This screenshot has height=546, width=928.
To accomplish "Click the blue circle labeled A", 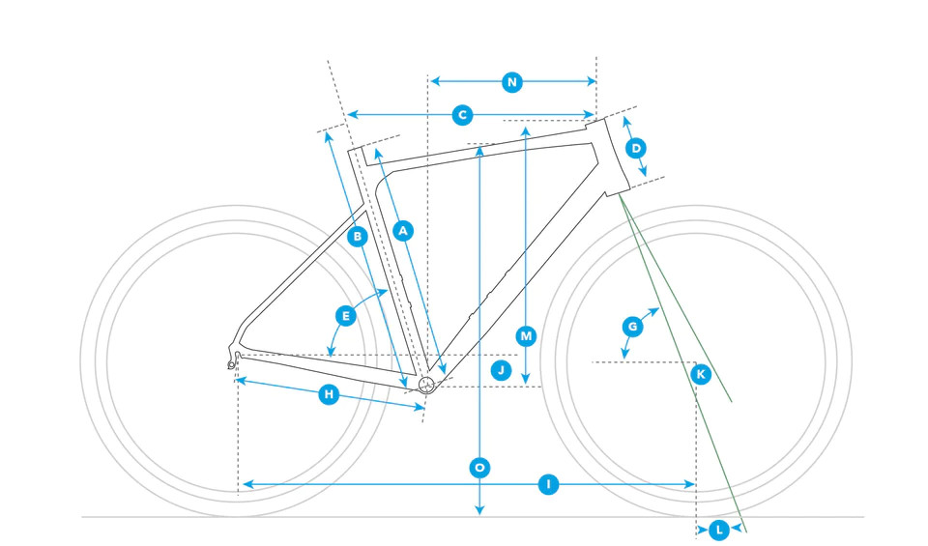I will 404,230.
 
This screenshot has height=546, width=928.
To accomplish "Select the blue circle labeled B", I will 357,236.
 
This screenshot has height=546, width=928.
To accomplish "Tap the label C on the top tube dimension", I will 463,115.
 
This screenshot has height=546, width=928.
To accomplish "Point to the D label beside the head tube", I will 635,148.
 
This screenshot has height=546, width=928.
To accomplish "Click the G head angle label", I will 632,327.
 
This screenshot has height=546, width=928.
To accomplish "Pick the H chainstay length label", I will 329,394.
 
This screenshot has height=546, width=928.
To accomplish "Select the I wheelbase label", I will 548,483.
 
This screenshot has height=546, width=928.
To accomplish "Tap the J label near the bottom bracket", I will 500,369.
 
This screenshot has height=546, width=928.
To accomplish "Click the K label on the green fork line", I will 701,373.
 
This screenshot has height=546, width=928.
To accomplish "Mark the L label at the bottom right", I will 718,530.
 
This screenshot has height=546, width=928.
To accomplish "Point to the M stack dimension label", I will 526,336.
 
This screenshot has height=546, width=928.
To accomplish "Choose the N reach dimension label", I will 512,83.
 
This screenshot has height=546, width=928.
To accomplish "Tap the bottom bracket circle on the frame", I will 426,385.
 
